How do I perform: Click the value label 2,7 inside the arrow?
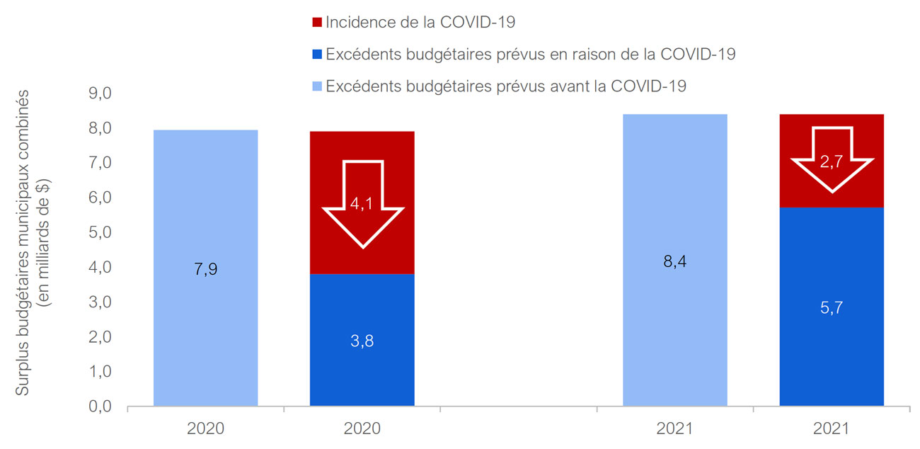tap(831, 161)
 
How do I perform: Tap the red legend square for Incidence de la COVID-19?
tap(317, 23)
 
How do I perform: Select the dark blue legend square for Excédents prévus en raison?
tap(317, 55)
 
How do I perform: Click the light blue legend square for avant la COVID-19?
tap(317, 87)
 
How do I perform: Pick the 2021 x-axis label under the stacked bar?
tap(832, 428)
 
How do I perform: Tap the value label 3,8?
tap(362, 341)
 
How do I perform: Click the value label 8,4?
tap(674, 261)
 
